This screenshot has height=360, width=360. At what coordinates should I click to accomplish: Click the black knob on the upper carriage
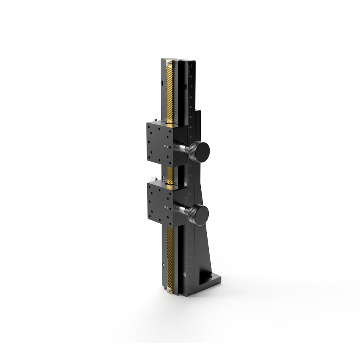[x=200, y=151]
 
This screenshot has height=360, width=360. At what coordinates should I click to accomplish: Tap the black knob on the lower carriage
[x=200, y=214]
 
